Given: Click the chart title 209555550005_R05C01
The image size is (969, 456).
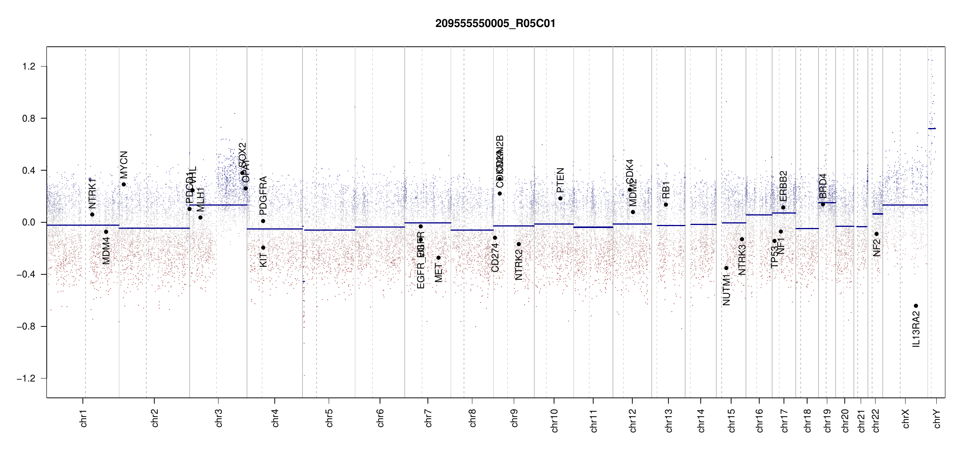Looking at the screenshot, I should click(x=495, y=24).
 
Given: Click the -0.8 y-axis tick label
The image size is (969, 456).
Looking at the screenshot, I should click(x=26, y=326).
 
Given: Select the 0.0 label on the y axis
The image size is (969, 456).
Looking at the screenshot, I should click(x=28, y=222).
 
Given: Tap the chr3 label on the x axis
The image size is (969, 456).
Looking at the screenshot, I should click(x=219, y=418).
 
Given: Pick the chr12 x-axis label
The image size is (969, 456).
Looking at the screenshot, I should click(x=633, y=420).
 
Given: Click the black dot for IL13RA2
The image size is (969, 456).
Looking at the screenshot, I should click(x=916, y=306).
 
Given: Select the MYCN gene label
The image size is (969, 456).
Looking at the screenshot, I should click(x=124, y=165).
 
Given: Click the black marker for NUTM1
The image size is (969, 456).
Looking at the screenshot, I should click(x=726, y=268).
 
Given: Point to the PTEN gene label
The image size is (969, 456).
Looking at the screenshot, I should click(x=560, y=180).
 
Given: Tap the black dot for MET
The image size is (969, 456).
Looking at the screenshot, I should click(x=439, y=258).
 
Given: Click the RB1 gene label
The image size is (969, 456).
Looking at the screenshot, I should click(x=666, y=190).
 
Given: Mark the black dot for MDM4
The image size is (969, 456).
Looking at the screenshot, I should click(x=106, y=232).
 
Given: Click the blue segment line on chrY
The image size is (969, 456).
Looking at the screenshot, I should click(x=932, y=128).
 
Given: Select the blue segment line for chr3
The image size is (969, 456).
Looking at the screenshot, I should click(x=218, y=205).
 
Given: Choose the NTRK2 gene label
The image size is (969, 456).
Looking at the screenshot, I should click(x=519, y=265).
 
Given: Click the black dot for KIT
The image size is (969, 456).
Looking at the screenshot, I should click(x=263, y=248).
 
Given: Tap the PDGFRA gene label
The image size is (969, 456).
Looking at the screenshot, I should click(x=263, y=196).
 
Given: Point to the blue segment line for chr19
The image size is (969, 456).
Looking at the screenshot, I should click(x=827, y=203).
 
